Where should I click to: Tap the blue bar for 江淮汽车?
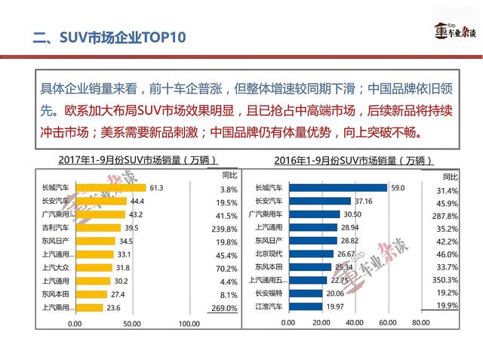(305, 306)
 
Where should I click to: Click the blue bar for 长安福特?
(305, 293)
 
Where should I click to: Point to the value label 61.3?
(157, 188)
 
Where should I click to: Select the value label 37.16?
(364, 201)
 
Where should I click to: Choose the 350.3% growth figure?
(445, 279)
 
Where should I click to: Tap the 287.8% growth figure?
(445, 216)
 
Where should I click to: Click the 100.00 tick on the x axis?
(189, 324)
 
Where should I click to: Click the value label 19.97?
(334, 306)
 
